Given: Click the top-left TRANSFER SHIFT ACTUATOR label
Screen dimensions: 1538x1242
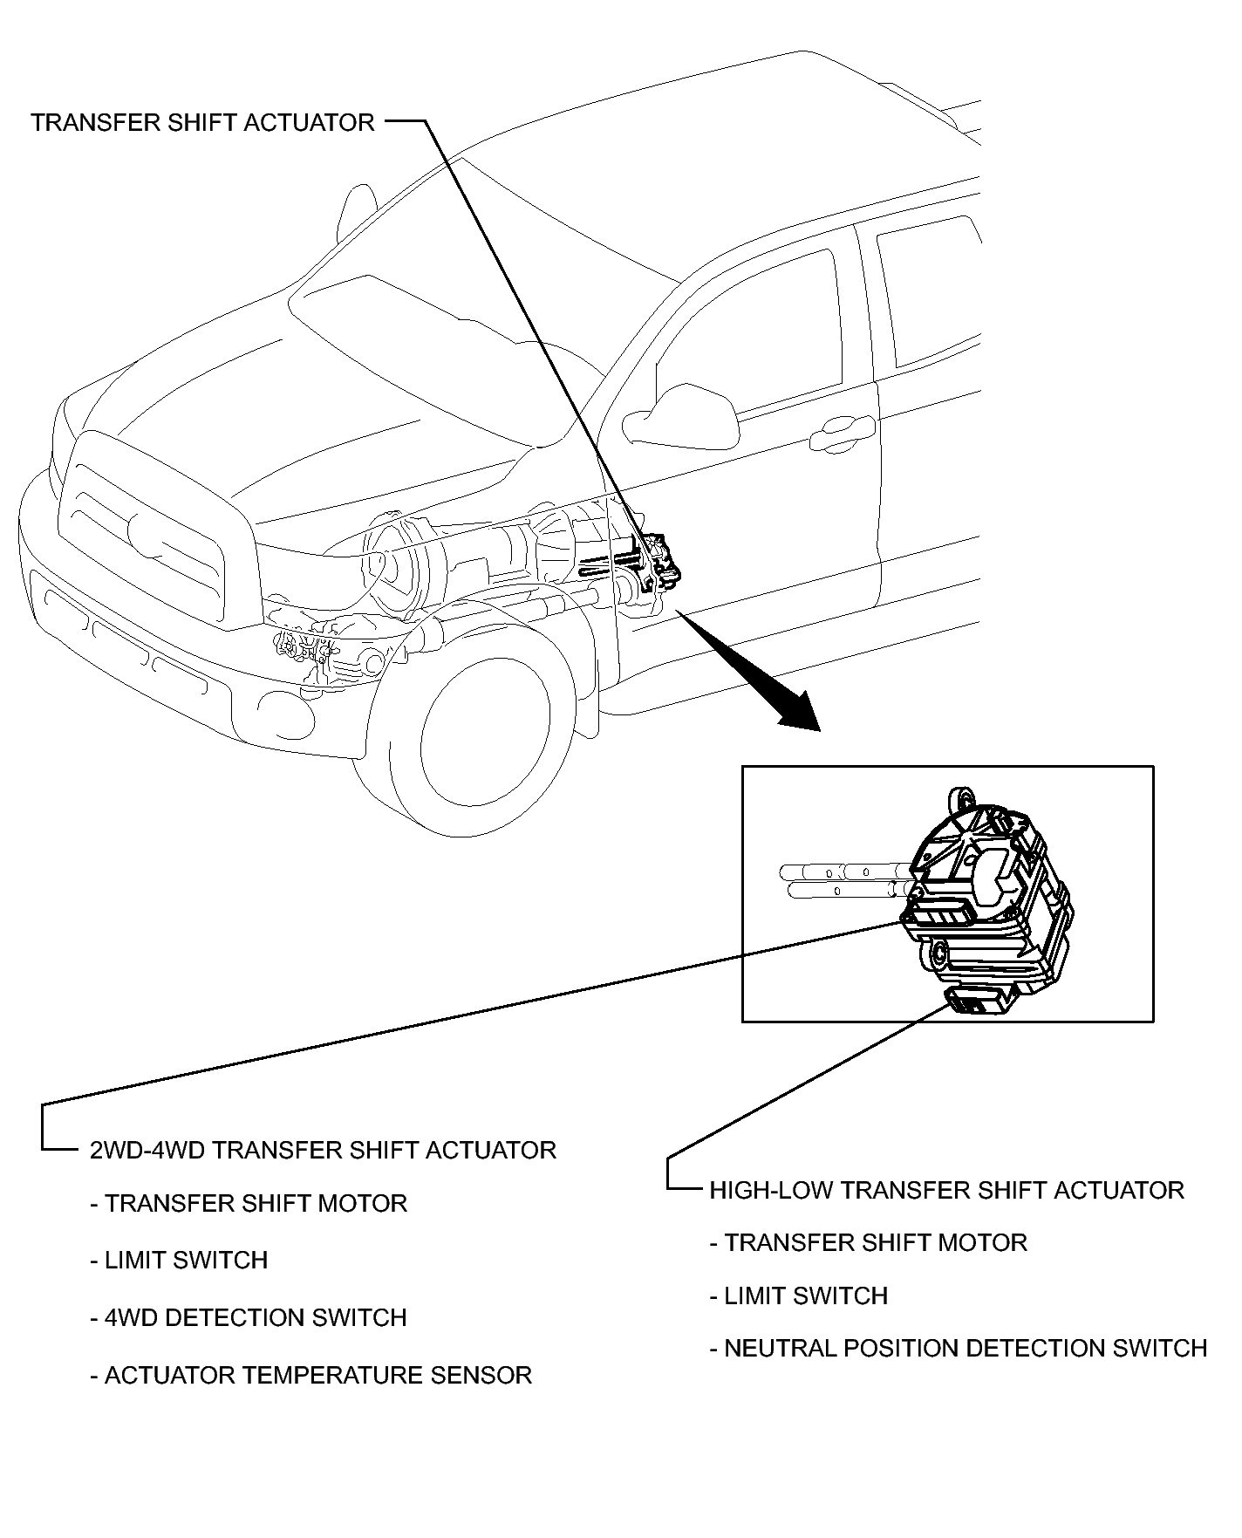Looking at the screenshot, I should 202,122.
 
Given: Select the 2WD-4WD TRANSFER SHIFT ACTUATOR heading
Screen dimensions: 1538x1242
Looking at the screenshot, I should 323,1150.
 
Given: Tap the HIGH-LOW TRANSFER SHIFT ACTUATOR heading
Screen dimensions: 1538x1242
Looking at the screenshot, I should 946,1190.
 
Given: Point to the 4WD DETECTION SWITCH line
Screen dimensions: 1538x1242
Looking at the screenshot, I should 249,1317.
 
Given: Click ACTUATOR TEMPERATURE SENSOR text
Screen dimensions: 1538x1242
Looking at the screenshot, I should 311,1375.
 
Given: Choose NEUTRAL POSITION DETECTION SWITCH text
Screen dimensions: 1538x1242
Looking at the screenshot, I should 959,1348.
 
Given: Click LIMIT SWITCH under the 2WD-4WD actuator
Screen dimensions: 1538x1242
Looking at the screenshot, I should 179,1260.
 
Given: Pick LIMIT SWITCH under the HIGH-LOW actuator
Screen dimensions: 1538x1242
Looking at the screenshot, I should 799,1295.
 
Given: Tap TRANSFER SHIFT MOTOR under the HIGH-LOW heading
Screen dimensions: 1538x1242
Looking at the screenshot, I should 869,1242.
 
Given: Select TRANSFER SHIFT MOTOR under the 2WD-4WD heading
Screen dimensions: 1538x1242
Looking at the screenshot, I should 249,1204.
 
